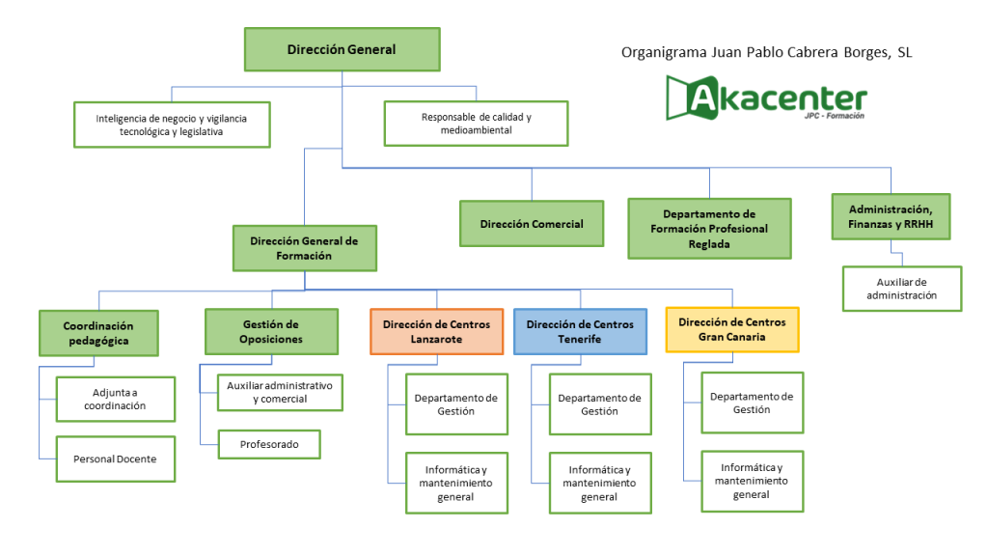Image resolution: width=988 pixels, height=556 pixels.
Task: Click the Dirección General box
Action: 342,49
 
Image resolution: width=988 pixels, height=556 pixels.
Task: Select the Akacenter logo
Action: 766,98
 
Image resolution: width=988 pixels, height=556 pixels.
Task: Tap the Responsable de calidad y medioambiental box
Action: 476,124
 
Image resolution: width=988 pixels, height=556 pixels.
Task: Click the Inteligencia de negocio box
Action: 172,125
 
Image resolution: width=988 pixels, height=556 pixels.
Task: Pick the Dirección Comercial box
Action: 532,224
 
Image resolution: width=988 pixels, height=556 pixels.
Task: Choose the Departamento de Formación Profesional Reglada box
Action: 709,229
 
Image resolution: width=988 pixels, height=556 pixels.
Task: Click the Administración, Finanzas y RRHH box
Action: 891,217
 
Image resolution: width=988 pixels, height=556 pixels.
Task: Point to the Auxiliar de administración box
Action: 901,289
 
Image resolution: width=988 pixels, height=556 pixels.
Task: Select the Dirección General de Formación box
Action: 304,248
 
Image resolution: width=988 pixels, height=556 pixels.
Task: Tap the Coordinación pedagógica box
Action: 97,333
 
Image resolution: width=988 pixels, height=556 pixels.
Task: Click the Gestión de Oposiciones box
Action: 271,332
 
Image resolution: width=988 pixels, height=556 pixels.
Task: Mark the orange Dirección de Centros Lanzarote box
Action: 436,332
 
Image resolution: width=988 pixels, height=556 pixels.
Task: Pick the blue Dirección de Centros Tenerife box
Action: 579,332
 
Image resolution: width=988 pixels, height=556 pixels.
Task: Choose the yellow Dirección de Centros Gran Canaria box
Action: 732,330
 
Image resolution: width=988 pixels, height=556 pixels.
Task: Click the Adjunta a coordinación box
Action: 115,400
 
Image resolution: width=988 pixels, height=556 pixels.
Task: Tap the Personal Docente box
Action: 115,459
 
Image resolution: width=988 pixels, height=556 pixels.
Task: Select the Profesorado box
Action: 268,445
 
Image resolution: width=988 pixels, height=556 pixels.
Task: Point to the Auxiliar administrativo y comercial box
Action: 279,392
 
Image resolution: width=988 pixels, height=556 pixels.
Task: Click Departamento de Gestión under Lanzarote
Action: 456,404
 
